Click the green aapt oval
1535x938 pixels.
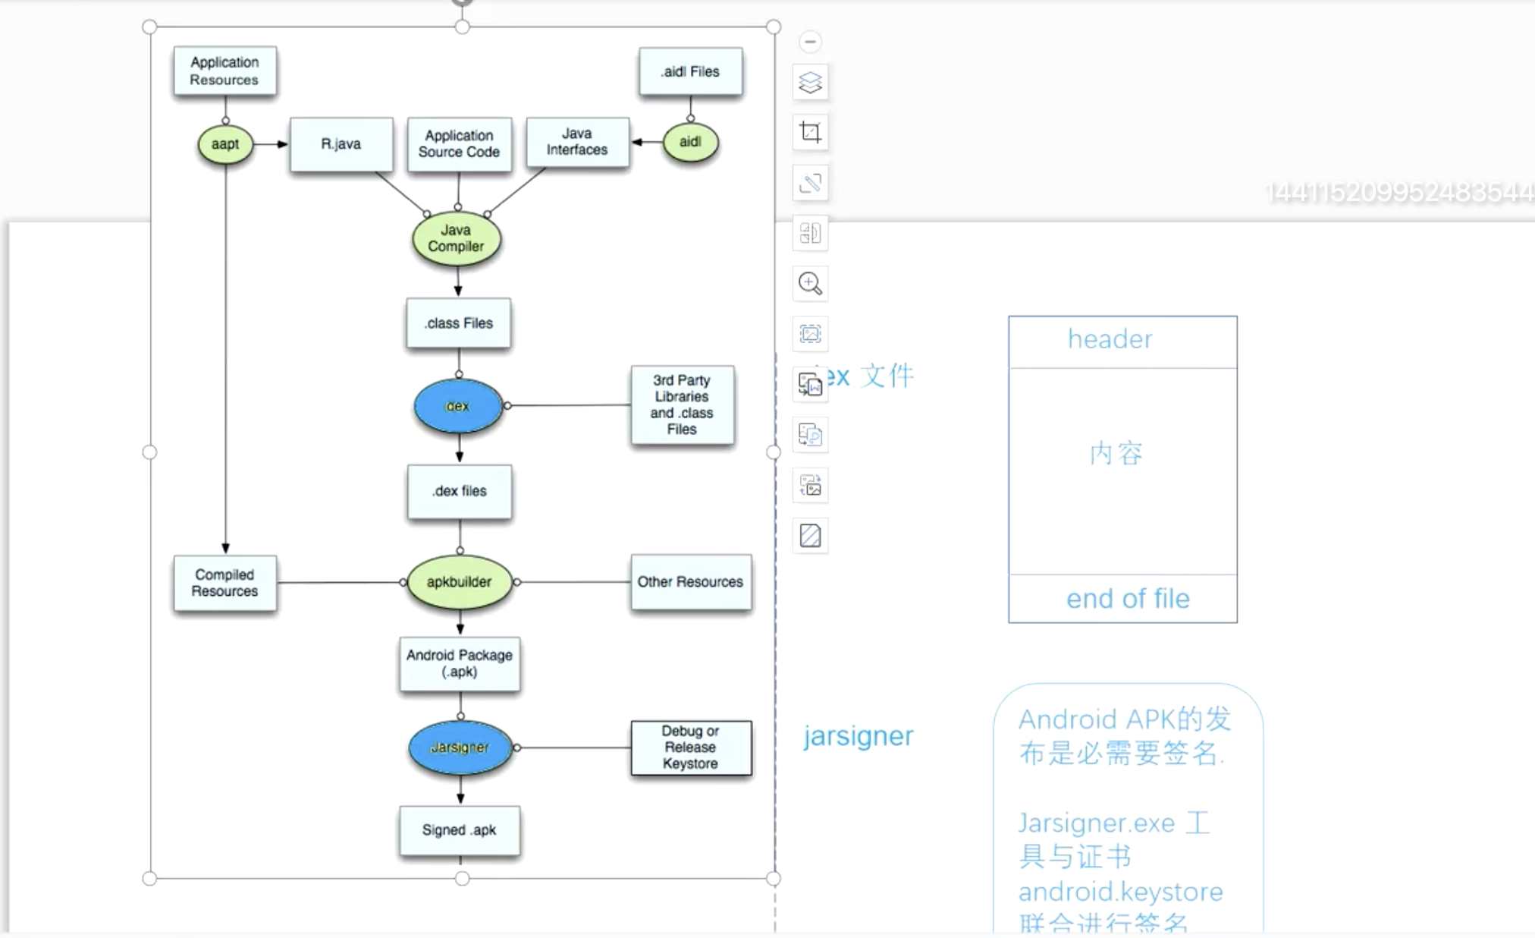pyautogui.click(x=225, y=144)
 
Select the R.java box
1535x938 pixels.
pyautogui.click(x=341, y=144)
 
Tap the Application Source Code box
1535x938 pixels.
pyautogui.click(x=459, y=144)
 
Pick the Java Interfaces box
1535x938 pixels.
pyautogui.click(x=577, y=142)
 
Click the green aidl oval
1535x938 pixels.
pyautogui.click(x=690, y=142)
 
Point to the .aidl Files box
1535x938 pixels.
pyautogui.click(x=690, y=72)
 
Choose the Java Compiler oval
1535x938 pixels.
pyautogui.click(x=457, y=238)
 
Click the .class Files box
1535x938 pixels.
pyautogui.click(x=459, y=323)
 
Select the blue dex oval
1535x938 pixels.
pyautogui.click(x=458, y=406)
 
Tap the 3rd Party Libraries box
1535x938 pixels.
pyautogui.click(x=682, y=404)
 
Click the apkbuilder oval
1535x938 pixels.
pyautogui.click(x=460, y=582)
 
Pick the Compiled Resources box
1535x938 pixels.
pyautogui.click(x=224, y=583)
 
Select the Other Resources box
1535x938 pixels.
pyautogui.click(x=690, y=582)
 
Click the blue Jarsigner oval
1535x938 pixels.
pyautogui.click(x=460, y=748)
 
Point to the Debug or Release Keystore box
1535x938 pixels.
pyautogui.click(x=690, y=748)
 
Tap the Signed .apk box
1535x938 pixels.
pyautogui.click(x=460, y=830)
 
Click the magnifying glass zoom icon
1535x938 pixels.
pyautogui.click(x=810, y=284)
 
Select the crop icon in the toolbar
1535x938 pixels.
pyautogui.click(x=810, y=133)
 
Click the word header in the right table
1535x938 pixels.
pyautogui.click(x=1110, y=339)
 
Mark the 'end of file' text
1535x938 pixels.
pyautogui.click(x=1128, y=599)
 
